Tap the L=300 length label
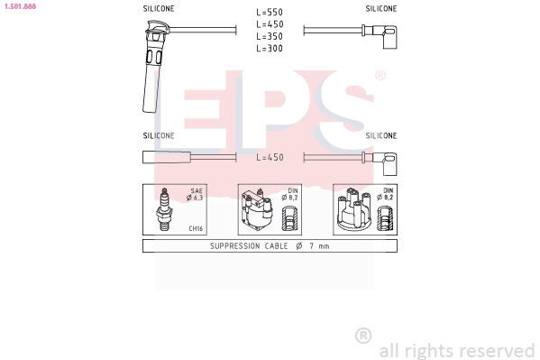click(x=270, y=49)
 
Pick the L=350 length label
click(x=270, y=37)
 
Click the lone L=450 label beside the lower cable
click(x=270, y=157)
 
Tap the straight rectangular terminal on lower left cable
click(x=165, y=157)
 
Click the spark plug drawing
click(x=165, y=210)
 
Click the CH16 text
click(x=195, y=229)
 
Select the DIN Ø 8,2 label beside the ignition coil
click(x=292, y=195)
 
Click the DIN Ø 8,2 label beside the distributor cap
click(x=387, y=195)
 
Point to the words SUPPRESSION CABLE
click(x=249, y=246)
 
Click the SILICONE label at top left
click(x=159, y=8)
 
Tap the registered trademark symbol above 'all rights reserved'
click(x=363, y=336)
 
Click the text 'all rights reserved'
click(x=456, y=350)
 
